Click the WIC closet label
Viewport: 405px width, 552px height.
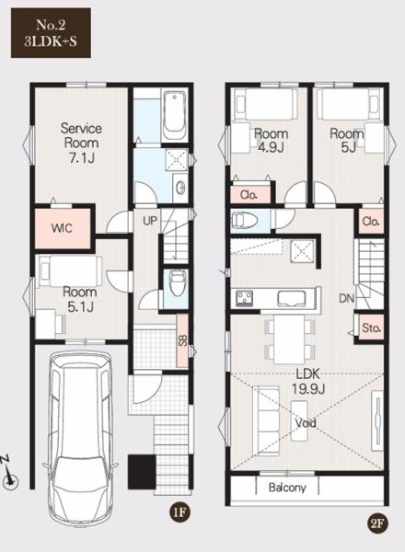pos(62,228)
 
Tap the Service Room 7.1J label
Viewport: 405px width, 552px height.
pos(81,143)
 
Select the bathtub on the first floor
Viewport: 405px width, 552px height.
pos(175,116)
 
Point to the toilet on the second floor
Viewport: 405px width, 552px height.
pos(245,221)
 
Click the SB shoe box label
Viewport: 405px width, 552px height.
pos(183,340)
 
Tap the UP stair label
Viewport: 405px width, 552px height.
pos(150,221)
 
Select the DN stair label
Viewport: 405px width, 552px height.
pos(346,298)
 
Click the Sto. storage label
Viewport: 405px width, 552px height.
pos(372,328)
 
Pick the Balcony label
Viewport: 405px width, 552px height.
pos(287,488)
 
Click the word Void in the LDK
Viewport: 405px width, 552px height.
pos(306,422)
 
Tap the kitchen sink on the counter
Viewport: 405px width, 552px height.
pos(292,298)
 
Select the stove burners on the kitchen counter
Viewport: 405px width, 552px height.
pos(245,298)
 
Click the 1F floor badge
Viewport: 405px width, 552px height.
pos(179,512)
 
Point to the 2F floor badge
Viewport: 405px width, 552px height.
pos(377,523)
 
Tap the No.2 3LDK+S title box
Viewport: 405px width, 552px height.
pos(51,33)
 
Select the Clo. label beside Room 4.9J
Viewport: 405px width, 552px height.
pos(249,195)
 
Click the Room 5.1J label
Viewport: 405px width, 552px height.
pos(80,299)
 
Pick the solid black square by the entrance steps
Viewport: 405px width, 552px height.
pos(142,472)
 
